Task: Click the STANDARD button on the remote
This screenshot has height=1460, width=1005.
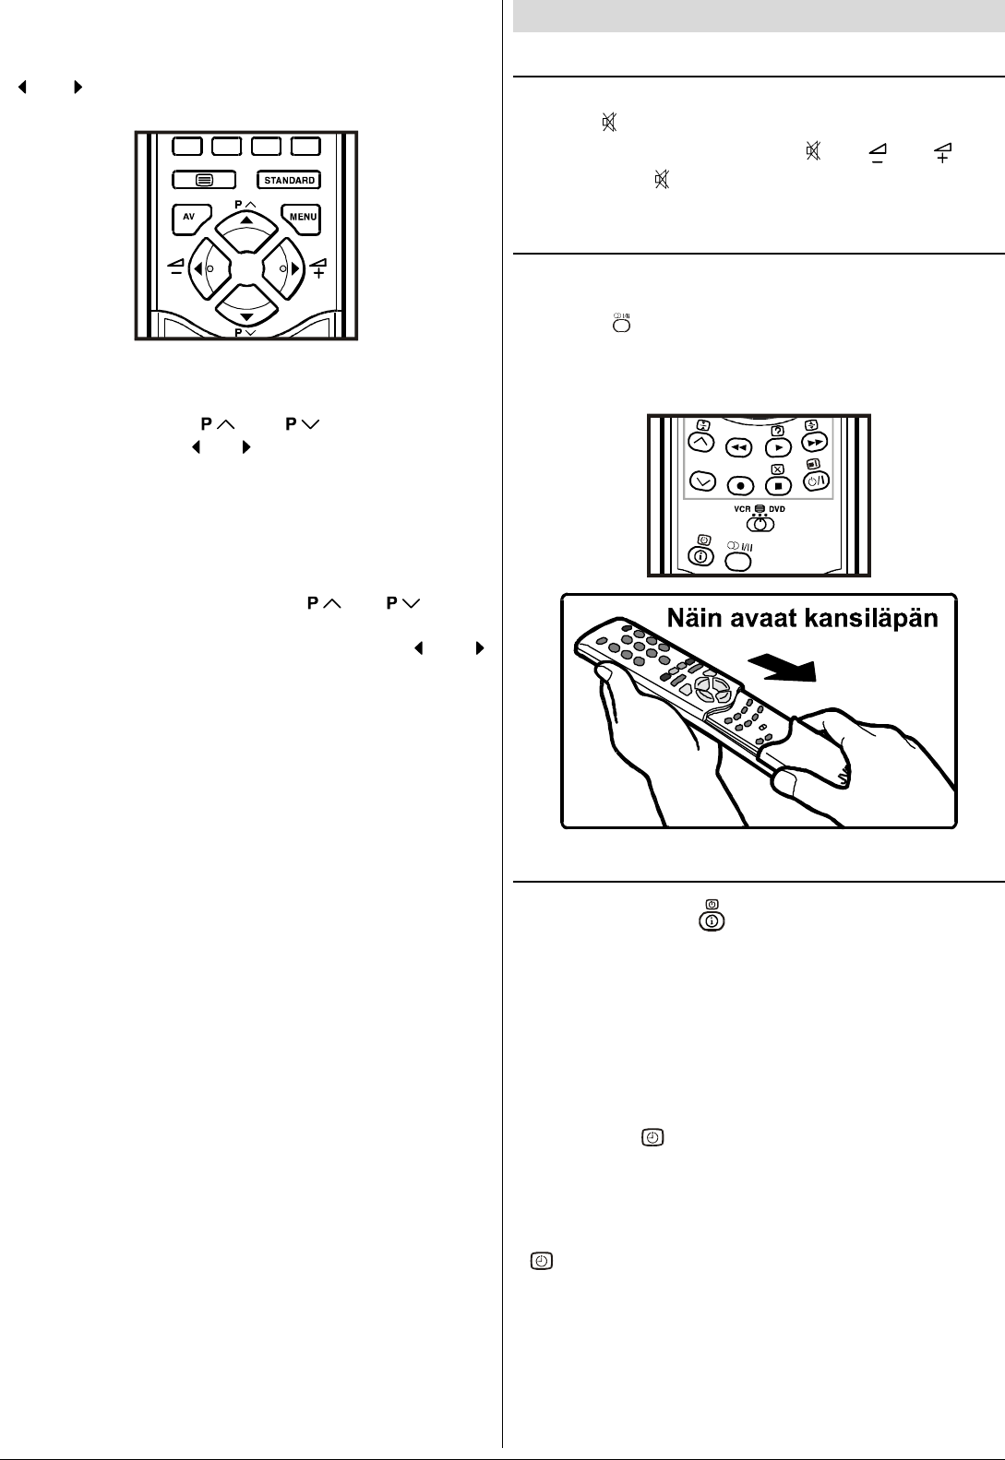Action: (289, 180)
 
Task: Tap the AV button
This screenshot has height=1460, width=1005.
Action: (188, 219)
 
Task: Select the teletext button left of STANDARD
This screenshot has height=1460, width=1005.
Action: (203, 180)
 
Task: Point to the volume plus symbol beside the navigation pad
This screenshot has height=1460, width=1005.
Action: (317, 268)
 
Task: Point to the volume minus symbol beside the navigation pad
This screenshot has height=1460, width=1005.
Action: (175, 268)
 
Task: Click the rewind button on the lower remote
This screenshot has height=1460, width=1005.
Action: (738, 447)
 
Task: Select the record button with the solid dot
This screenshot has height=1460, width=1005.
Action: (739, 484)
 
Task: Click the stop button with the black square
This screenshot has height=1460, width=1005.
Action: (778, 484)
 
